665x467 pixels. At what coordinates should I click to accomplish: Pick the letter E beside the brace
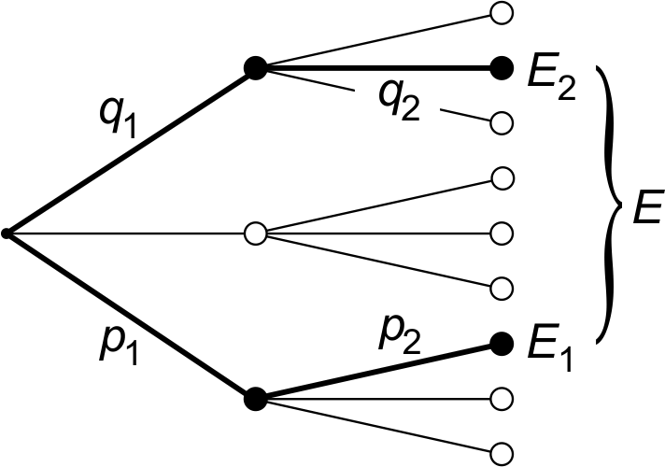(645, 208)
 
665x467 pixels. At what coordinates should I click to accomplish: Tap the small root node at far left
(7, 232)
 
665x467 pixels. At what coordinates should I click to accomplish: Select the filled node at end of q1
(255, 67)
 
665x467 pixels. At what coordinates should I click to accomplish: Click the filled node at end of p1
(255, 398)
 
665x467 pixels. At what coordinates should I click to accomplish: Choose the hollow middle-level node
(254, 232)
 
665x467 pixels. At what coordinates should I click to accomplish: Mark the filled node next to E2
(502, 67)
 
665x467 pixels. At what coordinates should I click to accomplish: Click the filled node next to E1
(502, 343)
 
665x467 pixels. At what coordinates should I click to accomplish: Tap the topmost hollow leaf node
(502, 13)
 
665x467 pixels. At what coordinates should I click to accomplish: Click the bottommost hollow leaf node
(502, 451)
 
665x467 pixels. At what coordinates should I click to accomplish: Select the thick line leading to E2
(374, 67)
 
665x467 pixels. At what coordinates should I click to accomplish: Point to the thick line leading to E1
(374, 372)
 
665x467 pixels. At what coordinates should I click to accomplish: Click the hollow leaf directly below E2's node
(502, 122)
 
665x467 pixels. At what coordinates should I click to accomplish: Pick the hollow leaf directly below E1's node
(502, 397)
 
